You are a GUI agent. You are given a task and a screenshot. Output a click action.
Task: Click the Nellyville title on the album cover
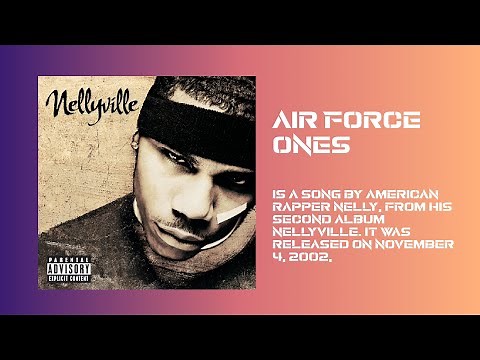tap(81, 102)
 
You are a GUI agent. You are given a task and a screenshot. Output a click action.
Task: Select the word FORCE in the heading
tap(371, 122)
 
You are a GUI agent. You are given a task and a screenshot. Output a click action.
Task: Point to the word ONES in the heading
tap(311, 145)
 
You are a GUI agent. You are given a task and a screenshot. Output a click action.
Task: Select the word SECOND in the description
tap(303, 216)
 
